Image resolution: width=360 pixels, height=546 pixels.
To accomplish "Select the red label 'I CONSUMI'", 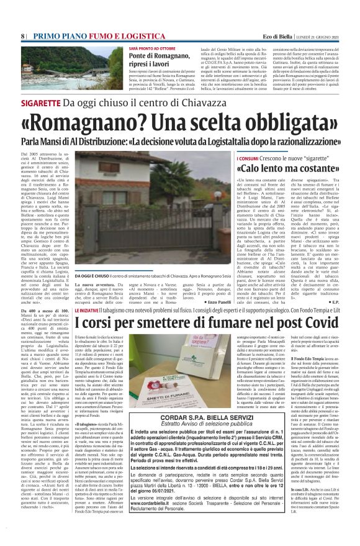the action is [x=248, y=159].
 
